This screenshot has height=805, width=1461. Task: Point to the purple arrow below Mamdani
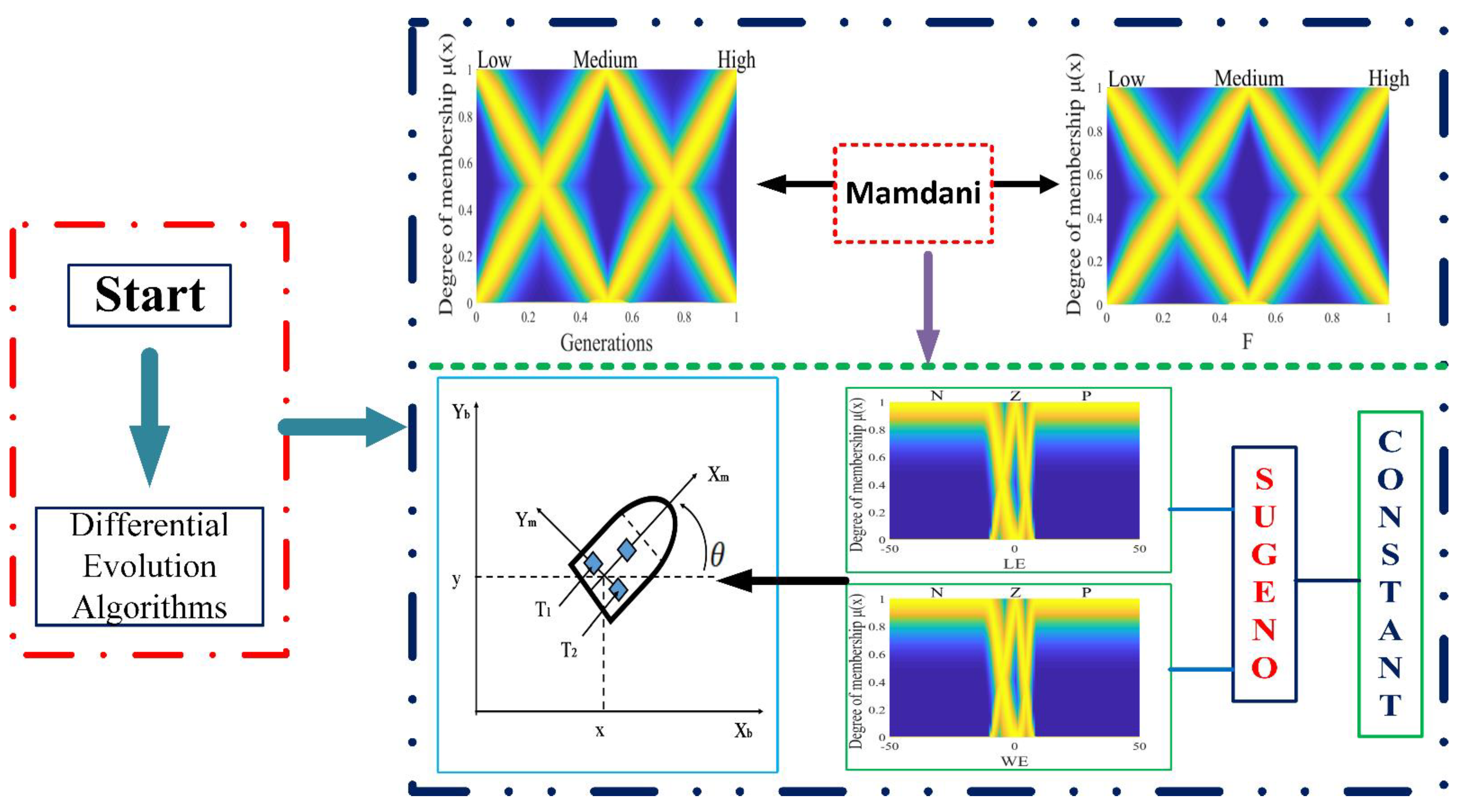click(928, 306)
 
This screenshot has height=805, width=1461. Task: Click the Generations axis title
click(606, 343)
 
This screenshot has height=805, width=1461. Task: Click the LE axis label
click(1014, 564)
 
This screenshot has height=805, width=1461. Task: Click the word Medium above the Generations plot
click(605, 60)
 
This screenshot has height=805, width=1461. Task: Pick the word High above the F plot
click(1388, 78)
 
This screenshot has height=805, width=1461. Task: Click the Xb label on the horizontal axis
click(743, 731)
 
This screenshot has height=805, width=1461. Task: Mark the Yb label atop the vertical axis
click(460, 411)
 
